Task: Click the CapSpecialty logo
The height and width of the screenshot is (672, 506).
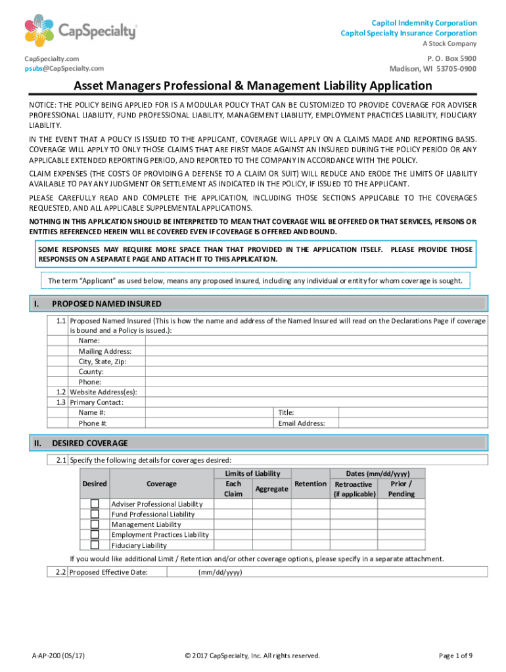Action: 81,31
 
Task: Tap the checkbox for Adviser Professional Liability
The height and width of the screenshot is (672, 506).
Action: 95,503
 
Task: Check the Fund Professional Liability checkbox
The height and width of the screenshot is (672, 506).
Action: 95,514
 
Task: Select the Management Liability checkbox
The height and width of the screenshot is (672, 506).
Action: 95,524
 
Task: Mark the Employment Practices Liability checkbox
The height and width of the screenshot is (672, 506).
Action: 95,534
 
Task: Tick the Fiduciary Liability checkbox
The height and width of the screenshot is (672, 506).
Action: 95,545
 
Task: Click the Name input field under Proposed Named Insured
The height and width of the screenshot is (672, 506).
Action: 315,341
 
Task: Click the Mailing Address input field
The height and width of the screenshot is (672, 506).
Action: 315,351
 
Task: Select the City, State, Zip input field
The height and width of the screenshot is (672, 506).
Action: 315,362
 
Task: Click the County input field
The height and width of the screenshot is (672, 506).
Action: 315,371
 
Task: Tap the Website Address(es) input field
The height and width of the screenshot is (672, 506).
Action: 315,392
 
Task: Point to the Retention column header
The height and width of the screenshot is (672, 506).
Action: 310,484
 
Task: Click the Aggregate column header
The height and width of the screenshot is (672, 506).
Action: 271,489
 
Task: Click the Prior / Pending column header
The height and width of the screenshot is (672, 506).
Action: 401,488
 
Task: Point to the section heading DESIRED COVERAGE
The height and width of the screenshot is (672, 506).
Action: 90,443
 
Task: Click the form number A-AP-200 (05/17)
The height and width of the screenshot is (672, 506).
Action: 58,656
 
